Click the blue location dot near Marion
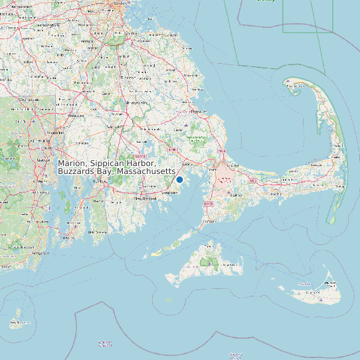pyautogui.click(x=179, y=179)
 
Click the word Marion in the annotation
pyautogui.click(x=72, y=163)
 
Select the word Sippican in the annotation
pyautogui.click(x=110, y=163)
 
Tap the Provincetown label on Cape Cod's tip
pyautogui.click(x=292, y=84)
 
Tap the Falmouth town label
pyautogui.click(x=209, y=220)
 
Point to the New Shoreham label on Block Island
pyautogui.click(x=19, y=323)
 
